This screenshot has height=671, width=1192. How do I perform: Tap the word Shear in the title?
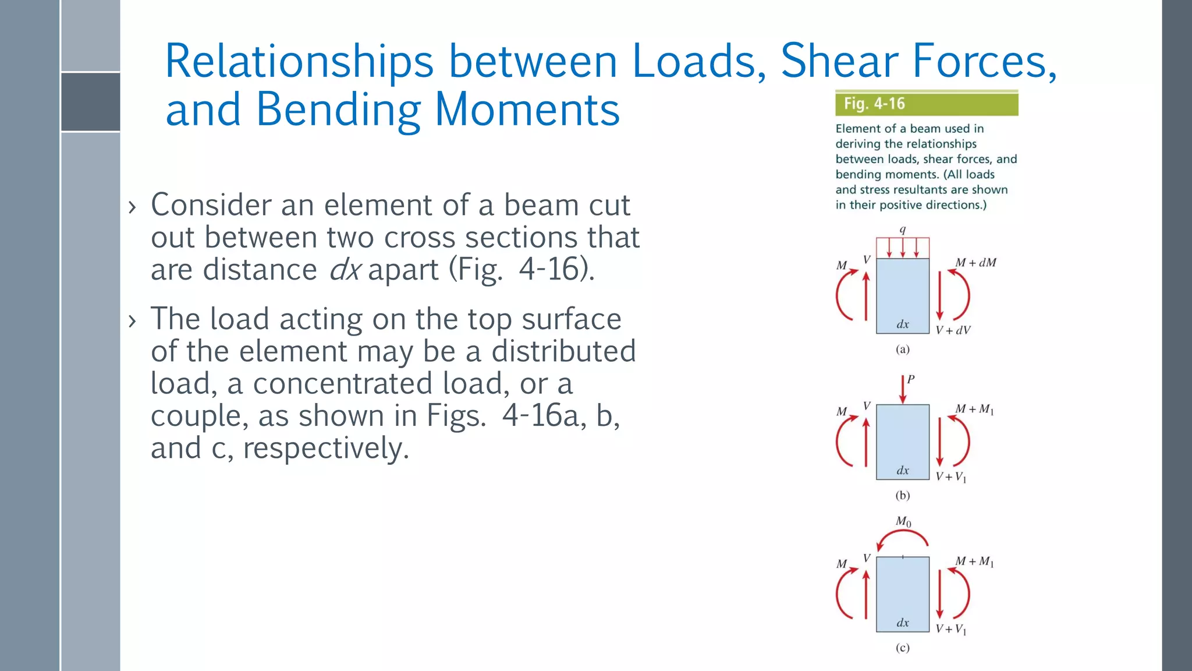839,61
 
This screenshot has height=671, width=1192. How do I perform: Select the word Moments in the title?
527,110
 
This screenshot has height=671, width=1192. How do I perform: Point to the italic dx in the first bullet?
345,270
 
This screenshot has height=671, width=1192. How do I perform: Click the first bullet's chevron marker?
132,207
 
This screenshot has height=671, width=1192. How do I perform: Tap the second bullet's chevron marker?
132,320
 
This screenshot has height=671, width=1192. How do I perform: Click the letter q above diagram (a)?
903,229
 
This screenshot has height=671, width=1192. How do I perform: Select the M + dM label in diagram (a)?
975,263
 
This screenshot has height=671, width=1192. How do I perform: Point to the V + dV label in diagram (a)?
953,330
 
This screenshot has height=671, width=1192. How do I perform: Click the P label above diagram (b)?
911,379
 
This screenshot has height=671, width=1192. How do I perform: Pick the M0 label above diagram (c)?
903,521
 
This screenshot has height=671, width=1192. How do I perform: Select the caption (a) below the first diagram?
902,349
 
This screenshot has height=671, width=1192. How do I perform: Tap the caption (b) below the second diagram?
902,496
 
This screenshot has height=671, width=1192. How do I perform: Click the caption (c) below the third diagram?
902,648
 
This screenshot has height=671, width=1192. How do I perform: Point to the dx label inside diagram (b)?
903,470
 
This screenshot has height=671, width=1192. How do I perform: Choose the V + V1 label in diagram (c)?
951,629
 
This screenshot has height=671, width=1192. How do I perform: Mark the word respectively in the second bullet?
325,448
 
